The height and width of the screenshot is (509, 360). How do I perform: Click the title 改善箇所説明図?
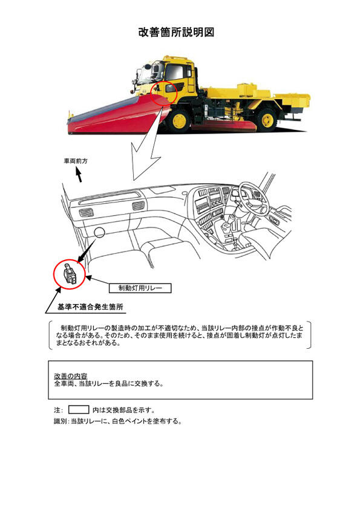point(176,33)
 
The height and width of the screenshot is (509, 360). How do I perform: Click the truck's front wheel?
point(180,120)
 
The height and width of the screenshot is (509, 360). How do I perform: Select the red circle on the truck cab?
point(164,94)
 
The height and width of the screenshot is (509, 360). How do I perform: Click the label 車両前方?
point(76,161)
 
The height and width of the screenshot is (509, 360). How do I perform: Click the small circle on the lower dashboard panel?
point(99,232)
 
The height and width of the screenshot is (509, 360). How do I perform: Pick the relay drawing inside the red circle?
point(70,274)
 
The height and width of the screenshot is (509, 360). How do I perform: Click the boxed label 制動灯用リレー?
point(140,288)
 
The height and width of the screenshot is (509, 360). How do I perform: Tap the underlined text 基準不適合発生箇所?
point(90,307)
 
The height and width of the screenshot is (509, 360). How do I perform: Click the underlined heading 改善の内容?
point(71,376)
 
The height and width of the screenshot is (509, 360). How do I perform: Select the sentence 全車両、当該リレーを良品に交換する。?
point(109,384)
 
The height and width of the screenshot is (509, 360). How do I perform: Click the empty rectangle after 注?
point(79,410)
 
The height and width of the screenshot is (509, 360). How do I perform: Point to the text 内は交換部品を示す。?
point(124,410)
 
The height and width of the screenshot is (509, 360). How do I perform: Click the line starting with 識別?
point(118,421)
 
